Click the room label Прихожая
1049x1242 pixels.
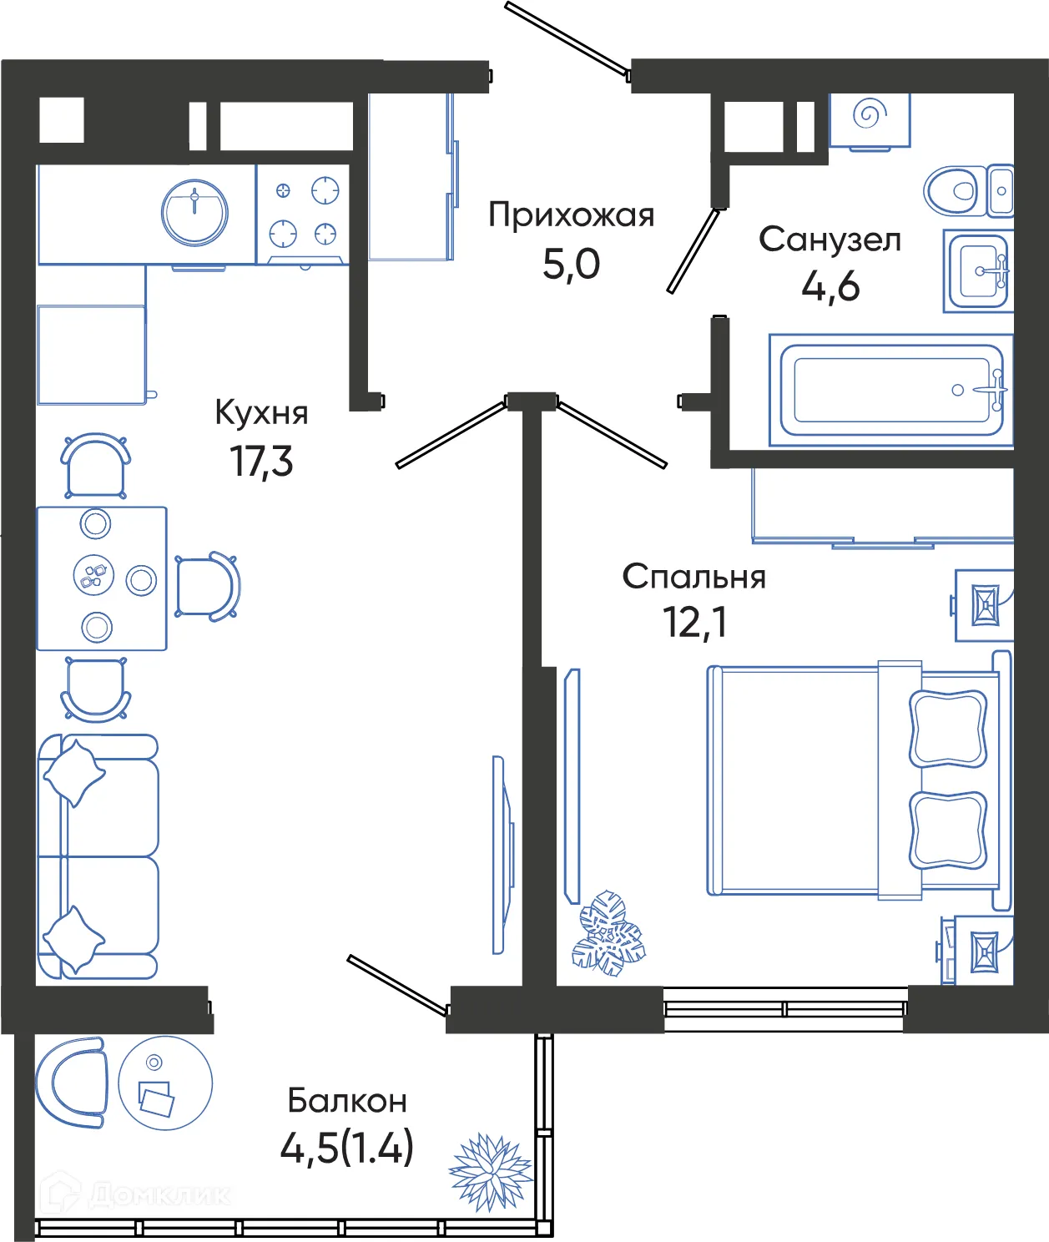(571, 215)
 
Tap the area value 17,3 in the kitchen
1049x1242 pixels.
(262, 462)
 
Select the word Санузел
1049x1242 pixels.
(830, 240)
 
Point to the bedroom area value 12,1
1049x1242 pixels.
(694, 622)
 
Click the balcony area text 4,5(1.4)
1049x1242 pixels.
(347, 1148)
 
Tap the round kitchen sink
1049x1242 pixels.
(194, 212)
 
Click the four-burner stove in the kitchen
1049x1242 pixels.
(303, 214)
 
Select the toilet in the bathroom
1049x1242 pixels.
(953, 190)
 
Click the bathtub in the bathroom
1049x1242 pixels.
(890, 390)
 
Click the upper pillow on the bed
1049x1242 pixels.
(947, 728)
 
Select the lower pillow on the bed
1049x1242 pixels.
(947, 831)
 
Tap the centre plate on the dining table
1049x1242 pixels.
(93, 575)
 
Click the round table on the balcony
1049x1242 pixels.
(165, 1083)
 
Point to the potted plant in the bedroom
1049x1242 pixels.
(608, 934)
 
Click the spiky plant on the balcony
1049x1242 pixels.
(491, 1171)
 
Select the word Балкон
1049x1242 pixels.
(347, 1101)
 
